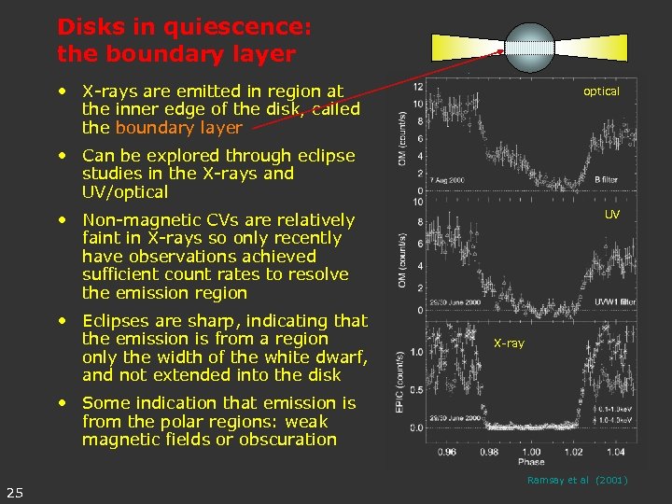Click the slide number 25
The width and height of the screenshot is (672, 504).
[x=15, y=493]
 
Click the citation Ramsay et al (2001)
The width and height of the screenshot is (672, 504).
[x=577, y=480]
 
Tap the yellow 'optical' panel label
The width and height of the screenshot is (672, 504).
[x=601, y=91]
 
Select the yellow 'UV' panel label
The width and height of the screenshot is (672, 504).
[x=611, y=214]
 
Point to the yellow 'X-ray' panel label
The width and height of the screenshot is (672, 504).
[x=509, y=343]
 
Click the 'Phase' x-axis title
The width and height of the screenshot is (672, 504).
[x=531, y=462]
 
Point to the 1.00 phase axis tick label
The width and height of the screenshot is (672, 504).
[x=531, y=452]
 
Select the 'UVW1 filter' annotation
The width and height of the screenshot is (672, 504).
[x=615, y=301]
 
